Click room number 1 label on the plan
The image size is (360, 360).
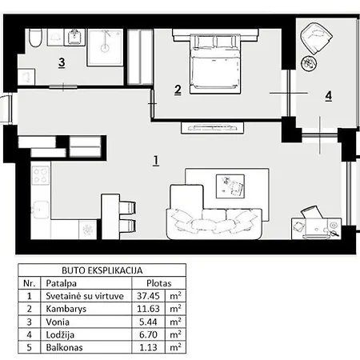point(155,160)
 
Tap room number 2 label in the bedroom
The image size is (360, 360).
point(178,90)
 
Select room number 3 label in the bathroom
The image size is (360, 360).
point(61,62)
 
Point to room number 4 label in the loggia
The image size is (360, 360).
point(328,96)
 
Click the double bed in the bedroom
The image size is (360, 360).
point(214,58)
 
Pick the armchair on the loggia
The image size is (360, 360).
point(317,38)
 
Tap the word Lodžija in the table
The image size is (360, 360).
point(58,334)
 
